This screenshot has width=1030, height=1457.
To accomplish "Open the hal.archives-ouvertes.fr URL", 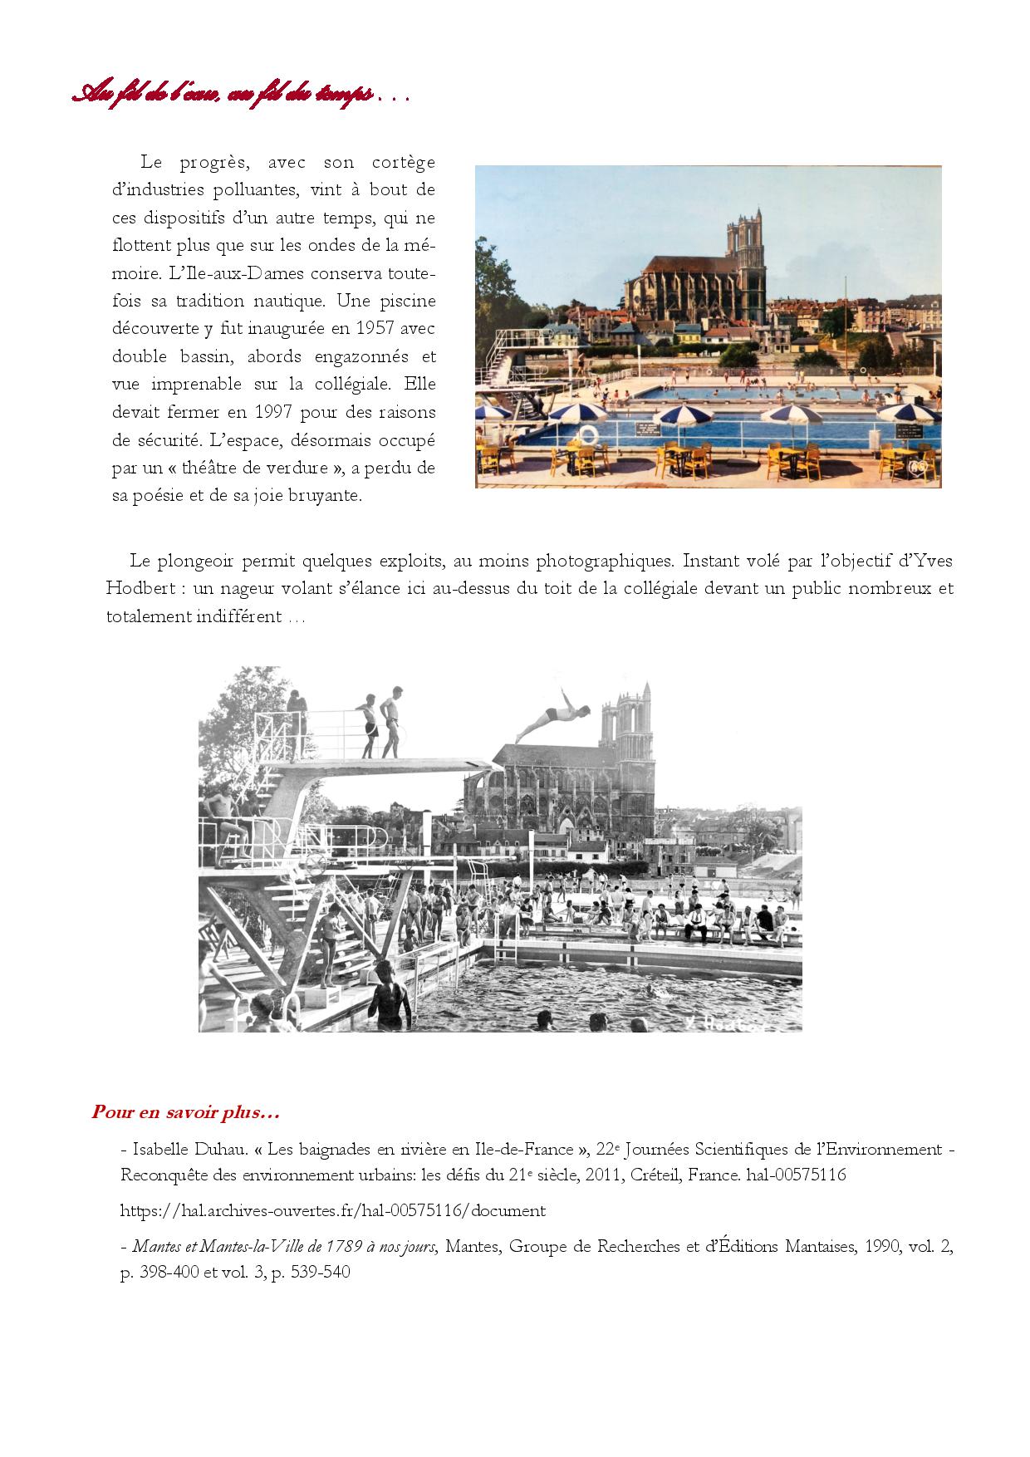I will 333,1210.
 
